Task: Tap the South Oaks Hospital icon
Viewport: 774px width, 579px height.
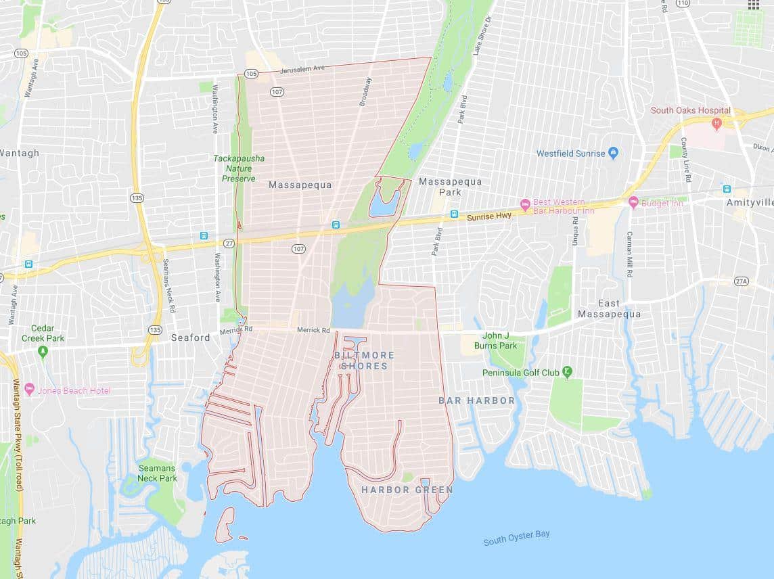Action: click(716, 124)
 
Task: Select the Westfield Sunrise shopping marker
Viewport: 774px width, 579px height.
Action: click(613, 153)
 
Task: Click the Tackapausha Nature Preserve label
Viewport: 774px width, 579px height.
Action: click(239, 168)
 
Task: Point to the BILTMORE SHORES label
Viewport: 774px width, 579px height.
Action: click(364, 360)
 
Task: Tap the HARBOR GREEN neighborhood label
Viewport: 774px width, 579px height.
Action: click(407, 489)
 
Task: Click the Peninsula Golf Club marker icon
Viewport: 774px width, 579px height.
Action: click(567, 372)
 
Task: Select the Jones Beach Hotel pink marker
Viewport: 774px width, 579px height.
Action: click(29, 389)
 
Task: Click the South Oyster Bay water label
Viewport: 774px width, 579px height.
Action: click(516, 538)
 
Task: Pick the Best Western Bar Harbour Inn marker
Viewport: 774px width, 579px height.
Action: click(524, 204)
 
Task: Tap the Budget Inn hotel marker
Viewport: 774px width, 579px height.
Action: click(633, 202)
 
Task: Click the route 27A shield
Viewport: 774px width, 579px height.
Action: click(742, 281)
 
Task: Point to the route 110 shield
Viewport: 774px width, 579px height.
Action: click(682, 3)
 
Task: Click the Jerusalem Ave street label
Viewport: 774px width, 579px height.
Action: click(303, 68)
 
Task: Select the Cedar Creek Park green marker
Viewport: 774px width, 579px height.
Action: click(43, 351)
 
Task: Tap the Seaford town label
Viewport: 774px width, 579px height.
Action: click(190, 337)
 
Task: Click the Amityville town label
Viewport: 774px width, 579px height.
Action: click(749, 202)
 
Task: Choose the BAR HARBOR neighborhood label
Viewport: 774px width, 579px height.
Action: click(476, 400)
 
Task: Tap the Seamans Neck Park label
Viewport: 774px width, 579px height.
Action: click(157, 473)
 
